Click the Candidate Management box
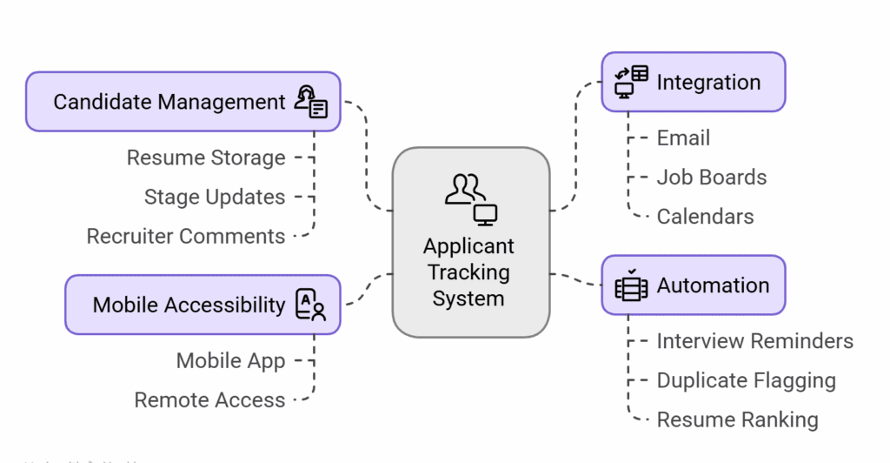click(x=183, y=102)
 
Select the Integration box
click(x=693, y=83)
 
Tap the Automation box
click(x=693, y=285)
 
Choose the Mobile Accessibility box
click(x=203, y=305)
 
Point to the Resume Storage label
click(x=206, y=158)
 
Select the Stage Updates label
click(x=215, y=197)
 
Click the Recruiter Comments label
click(x=186, y=236)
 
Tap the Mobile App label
click(x=230, y=360)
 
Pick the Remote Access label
click(x=209, y=399)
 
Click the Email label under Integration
click(x=683, y=138)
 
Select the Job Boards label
click(x=712, y=178)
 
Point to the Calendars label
click(x=705, y=217)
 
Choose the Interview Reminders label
click(x=754, y=341)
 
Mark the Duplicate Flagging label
click(x=746, y=380)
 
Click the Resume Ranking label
click(x=737, y=419)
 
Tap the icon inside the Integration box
click(x=632, y=82)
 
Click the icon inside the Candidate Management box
click(x=311, y=102)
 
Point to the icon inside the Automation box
click(x=631, y=285)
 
